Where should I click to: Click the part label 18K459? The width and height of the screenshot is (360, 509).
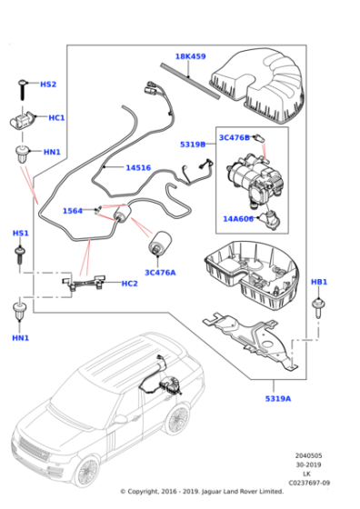coord(191,56)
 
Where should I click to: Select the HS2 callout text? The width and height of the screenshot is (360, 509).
coord(47,85)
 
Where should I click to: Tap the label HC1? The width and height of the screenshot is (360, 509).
coord(55,118)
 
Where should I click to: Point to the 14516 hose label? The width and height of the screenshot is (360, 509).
coord(138,167)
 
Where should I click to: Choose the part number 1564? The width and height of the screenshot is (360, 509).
coord(73,211)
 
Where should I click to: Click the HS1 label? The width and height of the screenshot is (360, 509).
coord(20,234)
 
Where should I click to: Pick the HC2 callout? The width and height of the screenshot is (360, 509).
coord(129,284)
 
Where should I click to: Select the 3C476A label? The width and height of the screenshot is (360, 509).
coord(161,272)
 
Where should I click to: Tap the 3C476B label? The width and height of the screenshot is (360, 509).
coord(234,137)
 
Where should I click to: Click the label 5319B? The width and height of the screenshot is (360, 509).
coord(192,145)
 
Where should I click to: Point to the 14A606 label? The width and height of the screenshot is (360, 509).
coord(239,218)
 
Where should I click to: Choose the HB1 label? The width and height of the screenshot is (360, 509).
coord(319,283)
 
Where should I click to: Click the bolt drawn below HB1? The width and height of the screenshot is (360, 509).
coord(319,309)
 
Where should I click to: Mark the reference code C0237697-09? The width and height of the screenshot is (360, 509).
coord(310,482)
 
